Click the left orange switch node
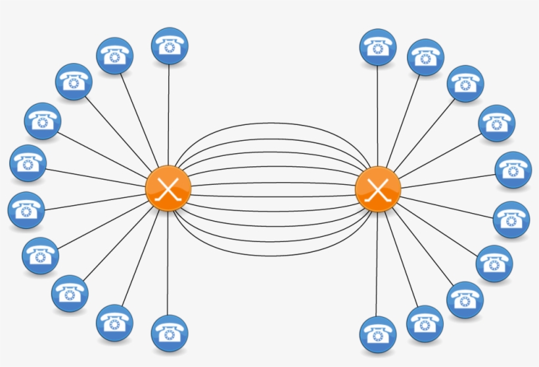168,189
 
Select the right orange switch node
378,189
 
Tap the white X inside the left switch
168,189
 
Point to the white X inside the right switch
378,189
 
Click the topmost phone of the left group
170,45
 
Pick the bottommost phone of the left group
170,333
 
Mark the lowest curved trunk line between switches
273,254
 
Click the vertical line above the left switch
169,112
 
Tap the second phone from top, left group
115,56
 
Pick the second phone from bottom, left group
114,322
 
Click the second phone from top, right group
425,57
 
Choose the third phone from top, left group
74,82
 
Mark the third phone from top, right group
465,84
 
